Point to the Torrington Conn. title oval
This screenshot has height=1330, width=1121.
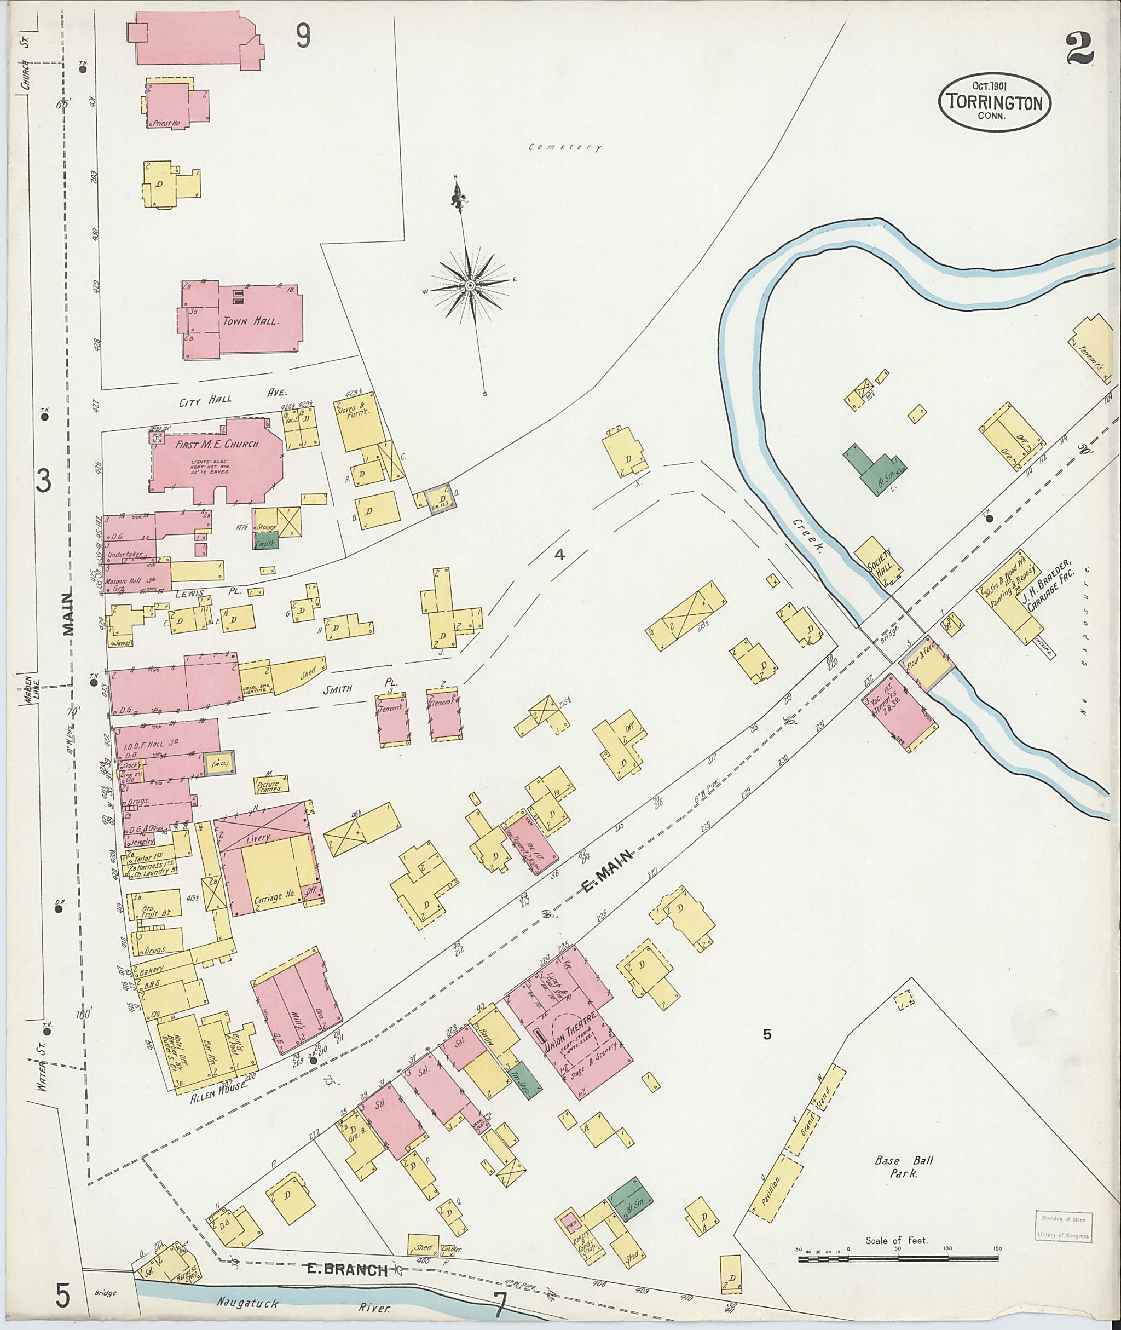[x=995, y=102]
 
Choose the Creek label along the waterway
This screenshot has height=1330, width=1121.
[x=807, y=536]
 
